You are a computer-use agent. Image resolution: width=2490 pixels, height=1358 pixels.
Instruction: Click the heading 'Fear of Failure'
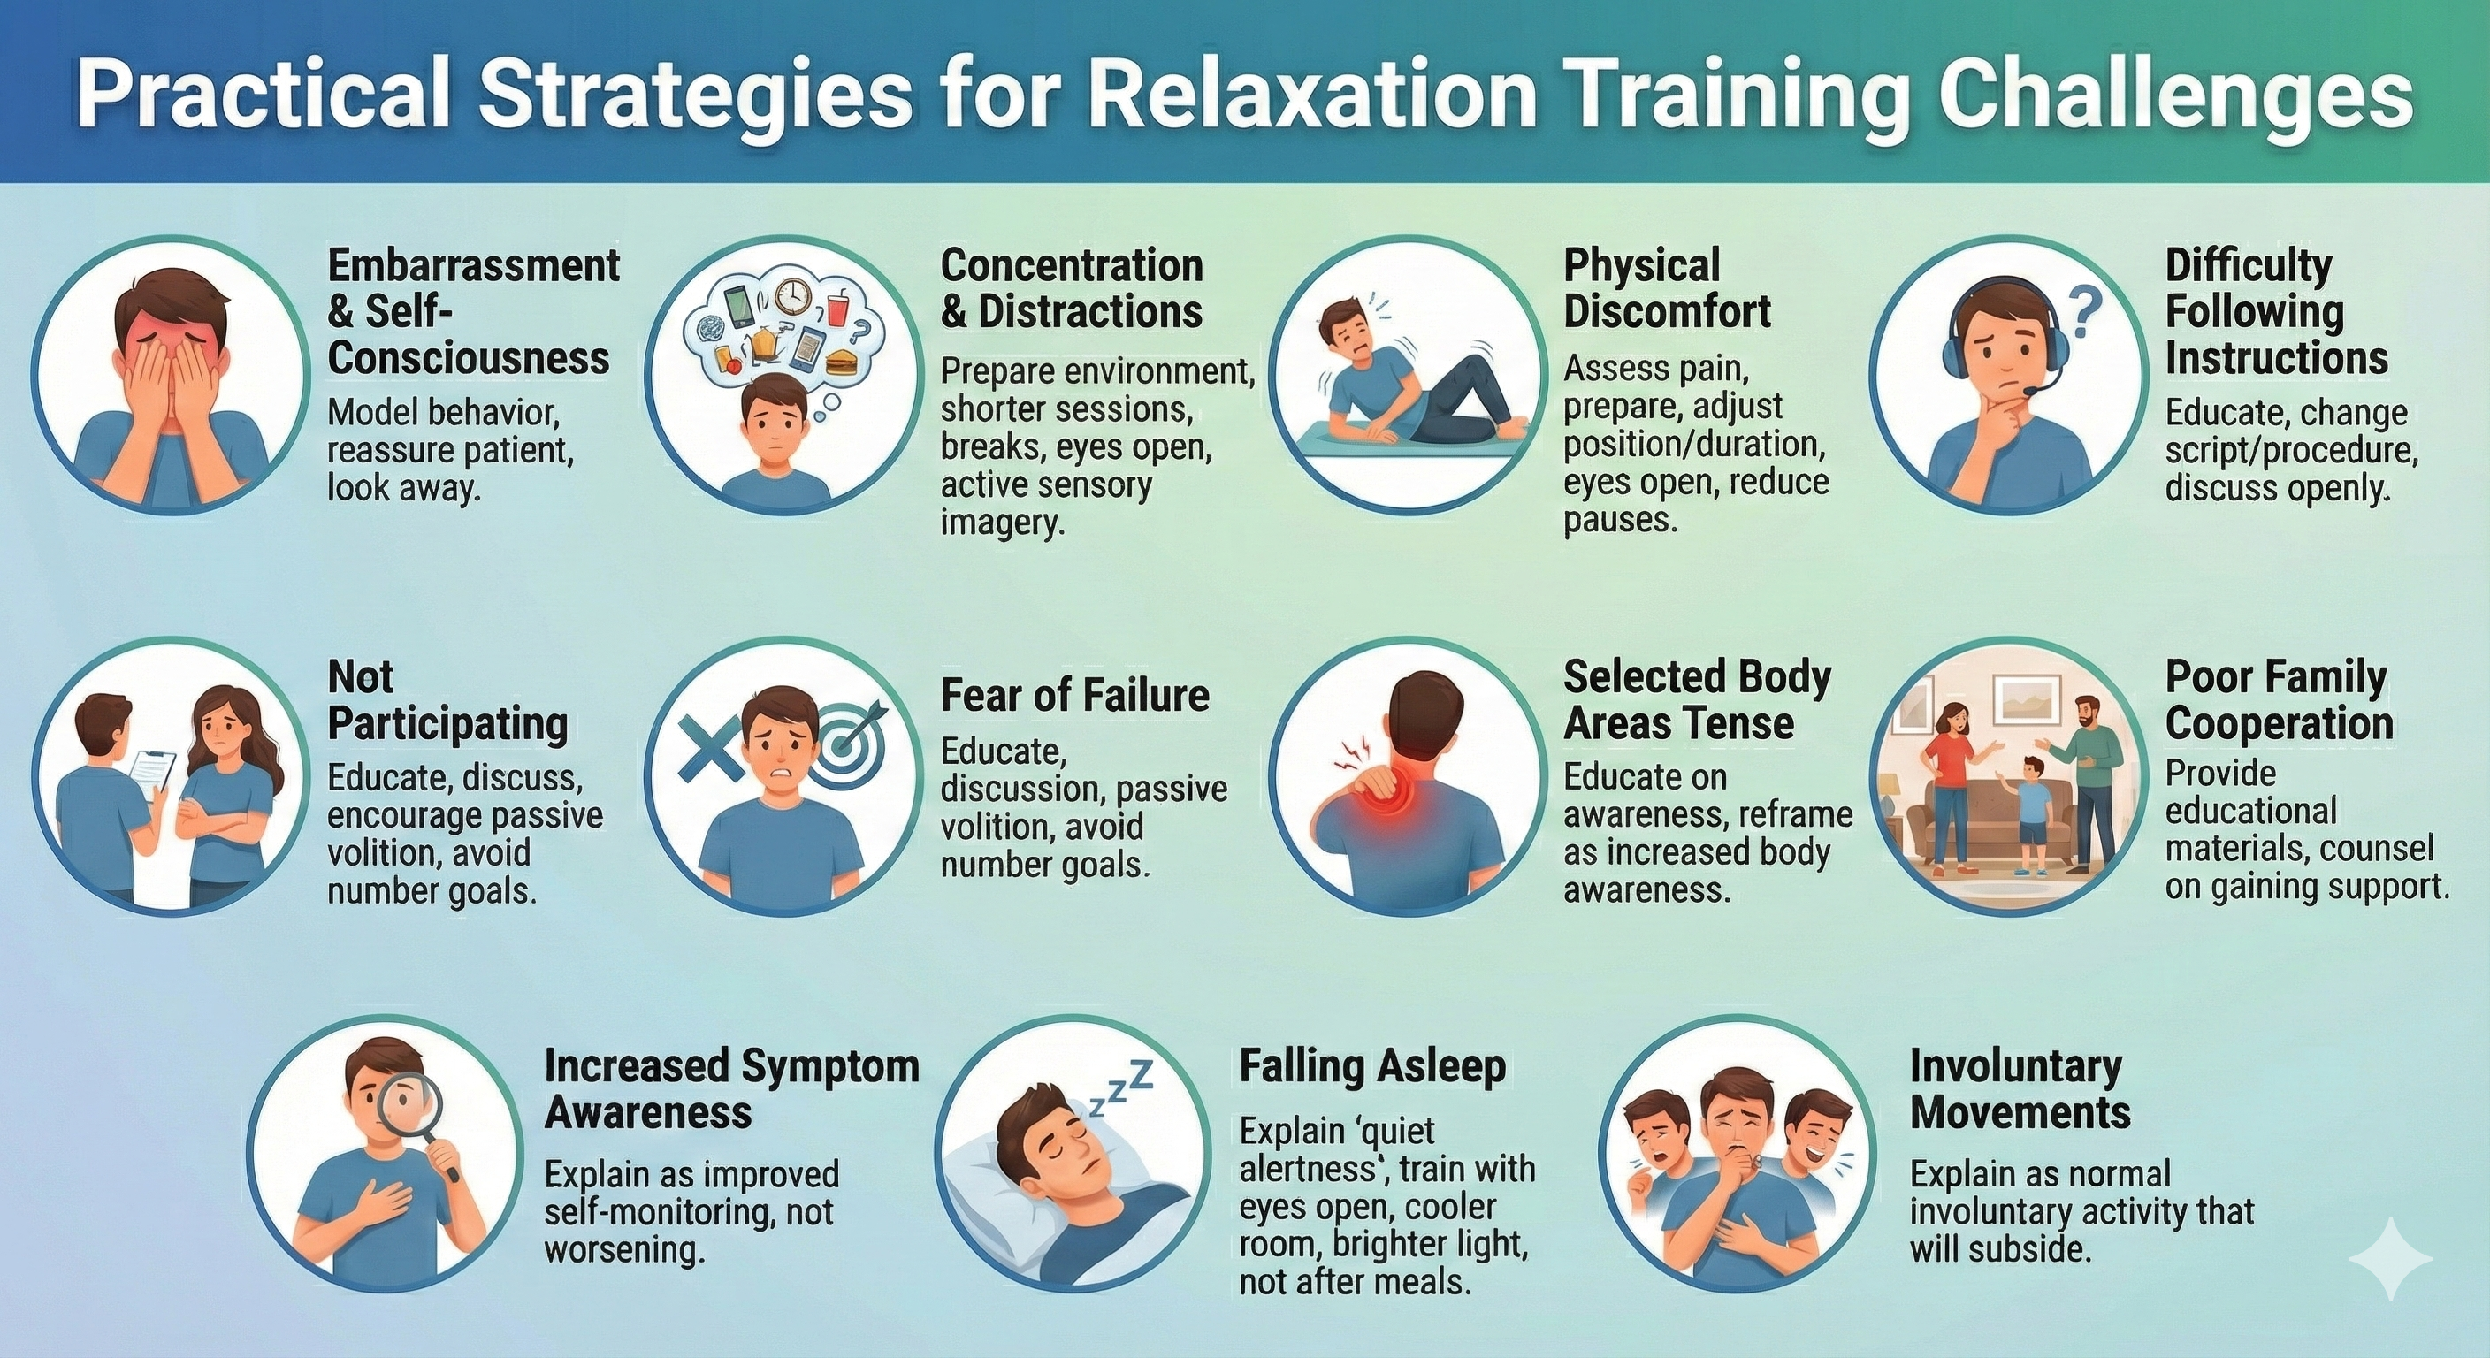1075,695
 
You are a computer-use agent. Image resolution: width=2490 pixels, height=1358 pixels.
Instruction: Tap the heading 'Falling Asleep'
1372,1066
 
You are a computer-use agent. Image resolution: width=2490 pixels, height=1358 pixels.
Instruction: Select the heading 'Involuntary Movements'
2020,1089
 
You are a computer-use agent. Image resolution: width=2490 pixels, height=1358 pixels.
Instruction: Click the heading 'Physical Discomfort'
1668,288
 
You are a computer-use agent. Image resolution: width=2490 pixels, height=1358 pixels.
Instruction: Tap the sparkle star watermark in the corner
2390,1257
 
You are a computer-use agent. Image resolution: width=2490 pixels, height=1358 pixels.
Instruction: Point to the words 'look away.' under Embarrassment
404,488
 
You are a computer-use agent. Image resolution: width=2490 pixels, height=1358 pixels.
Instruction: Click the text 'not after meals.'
1356,1282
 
